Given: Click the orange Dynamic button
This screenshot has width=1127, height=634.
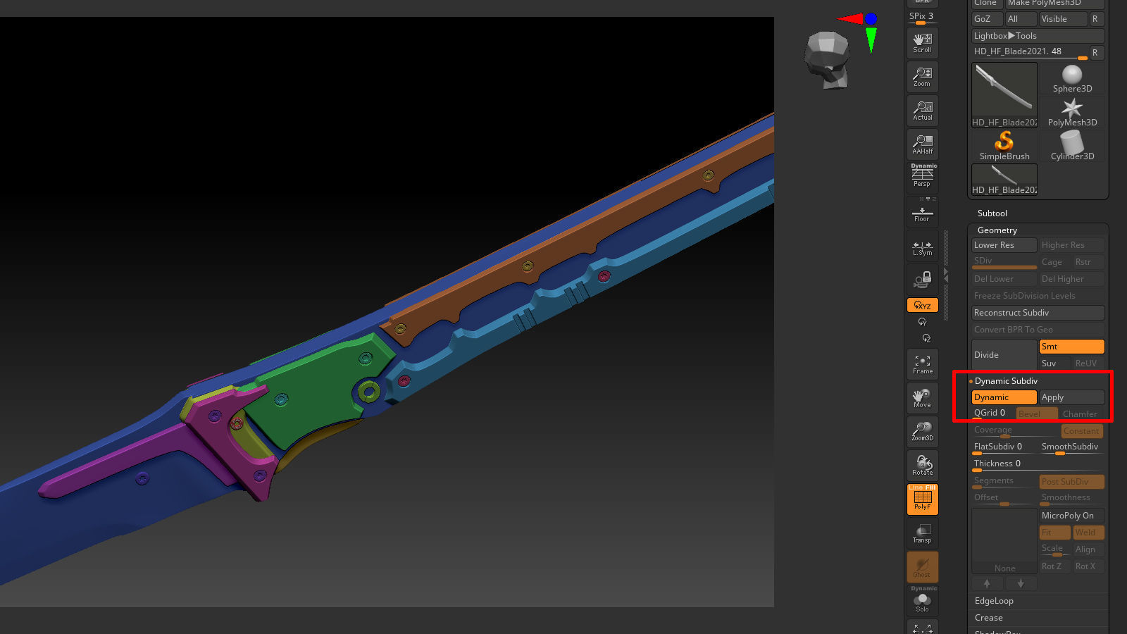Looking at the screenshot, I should click(1003, 397).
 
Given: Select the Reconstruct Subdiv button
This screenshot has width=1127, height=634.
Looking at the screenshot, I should click(1037, 313).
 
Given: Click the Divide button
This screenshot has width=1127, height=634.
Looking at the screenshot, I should click(1003, 354).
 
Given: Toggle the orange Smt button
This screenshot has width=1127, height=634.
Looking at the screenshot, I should click(1071, 347).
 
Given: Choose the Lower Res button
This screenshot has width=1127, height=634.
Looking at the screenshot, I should click(1003, 245).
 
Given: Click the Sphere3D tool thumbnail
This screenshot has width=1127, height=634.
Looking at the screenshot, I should click(1072, 78).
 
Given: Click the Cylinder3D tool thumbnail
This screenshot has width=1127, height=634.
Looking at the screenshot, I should click(1072, 145).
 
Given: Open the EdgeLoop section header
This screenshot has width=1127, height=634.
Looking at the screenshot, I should click(994, 601).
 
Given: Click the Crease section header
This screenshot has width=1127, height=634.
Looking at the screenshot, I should click(988, 618).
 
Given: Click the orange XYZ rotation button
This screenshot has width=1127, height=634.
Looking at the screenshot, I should click(922, 305).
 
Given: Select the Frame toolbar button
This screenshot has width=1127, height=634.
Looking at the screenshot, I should click(922, 364).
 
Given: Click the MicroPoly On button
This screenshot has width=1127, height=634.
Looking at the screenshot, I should click(1071, 516).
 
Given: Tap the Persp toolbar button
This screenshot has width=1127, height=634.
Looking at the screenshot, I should click(922, 176).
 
